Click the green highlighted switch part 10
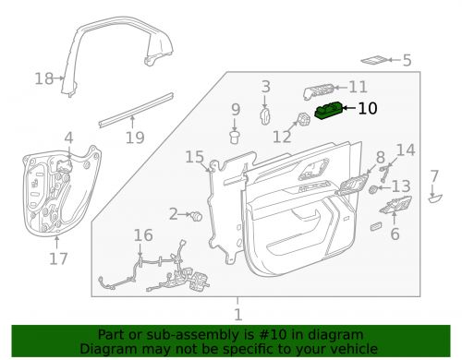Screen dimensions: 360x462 (x=330, y=112)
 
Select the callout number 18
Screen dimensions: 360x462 (x=44, y=78)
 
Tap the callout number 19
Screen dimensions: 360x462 (x=135, y=138)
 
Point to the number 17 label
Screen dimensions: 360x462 (x=58, y=259)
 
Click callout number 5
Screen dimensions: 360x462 (x=406, y=61)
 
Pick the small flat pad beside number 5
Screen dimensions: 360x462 (x=375, y=60)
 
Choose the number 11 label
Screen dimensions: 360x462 (x=358, y=87)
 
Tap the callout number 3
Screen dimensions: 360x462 (x=265, y=87)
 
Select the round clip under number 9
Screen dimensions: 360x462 (x=235, y=138)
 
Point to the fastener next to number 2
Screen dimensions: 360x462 (x=197, y=215)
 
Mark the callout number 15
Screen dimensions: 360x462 (x=192, y=157)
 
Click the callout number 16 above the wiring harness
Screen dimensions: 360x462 (x=142, y=235)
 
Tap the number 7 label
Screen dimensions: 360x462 (x=435, y=176)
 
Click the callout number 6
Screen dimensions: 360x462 (x=395, y=235)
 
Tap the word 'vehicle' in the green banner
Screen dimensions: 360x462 (x=350, y=350)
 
